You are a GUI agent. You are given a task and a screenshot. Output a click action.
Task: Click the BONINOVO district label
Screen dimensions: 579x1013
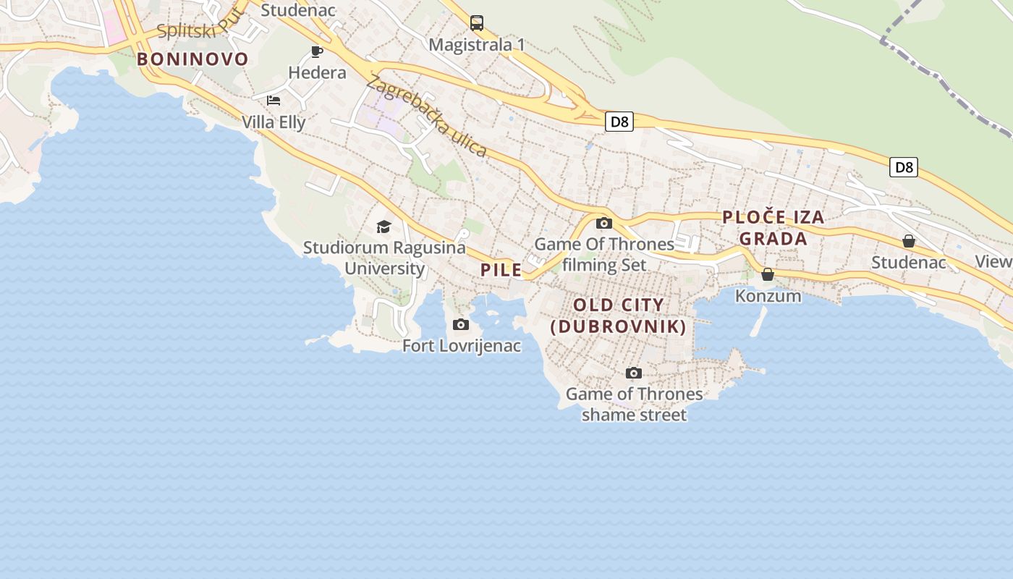point(192,59)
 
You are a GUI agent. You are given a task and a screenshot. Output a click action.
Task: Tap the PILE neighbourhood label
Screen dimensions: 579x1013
point(501,270)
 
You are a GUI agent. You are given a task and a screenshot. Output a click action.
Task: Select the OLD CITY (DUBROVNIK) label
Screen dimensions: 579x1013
point(618,316)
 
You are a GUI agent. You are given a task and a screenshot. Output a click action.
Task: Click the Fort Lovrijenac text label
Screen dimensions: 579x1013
point(462,346)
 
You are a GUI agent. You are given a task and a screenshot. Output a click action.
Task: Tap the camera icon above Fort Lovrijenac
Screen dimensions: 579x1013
point(461,324)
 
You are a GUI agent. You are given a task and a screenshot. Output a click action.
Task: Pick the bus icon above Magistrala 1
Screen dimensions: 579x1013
point(477,23)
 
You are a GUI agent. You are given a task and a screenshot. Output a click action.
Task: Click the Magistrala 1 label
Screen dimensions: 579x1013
point(477,45)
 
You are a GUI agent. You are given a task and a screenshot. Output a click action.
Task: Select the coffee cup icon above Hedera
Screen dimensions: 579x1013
point(316,51)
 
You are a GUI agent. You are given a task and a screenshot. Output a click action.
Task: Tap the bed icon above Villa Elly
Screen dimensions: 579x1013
point(273,100)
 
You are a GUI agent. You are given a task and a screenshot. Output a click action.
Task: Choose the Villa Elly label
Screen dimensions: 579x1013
point(274,122)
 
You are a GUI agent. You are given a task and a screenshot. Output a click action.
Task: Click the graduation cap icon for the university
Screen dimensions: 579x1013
point(383,227)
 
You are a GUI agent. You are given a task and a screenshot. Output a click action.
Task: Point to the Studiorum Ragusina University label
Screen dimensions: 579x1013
point(384,258)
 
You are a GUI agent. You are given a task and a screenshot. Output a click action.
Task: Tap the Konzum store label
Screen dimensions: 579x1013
point(768,296)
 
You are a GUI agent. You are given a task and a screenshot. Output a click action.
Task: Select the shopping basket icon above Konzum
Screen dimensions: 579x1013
point(768,274)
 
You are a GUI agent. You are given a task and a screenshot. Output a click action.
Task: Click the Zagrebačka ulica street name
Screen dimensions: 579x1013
point(426,116)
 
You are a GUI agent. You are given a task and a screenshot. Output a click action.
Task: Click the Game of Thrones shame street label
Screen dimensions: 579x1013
point(634,405)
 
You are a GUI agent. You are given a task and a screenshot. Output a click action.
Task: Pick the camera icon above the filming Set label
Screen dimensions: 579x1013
point(604,223)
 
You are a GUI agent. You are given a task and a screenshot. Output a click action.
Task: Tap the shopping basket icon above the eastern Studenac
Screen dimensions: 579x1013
point(909,241)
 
